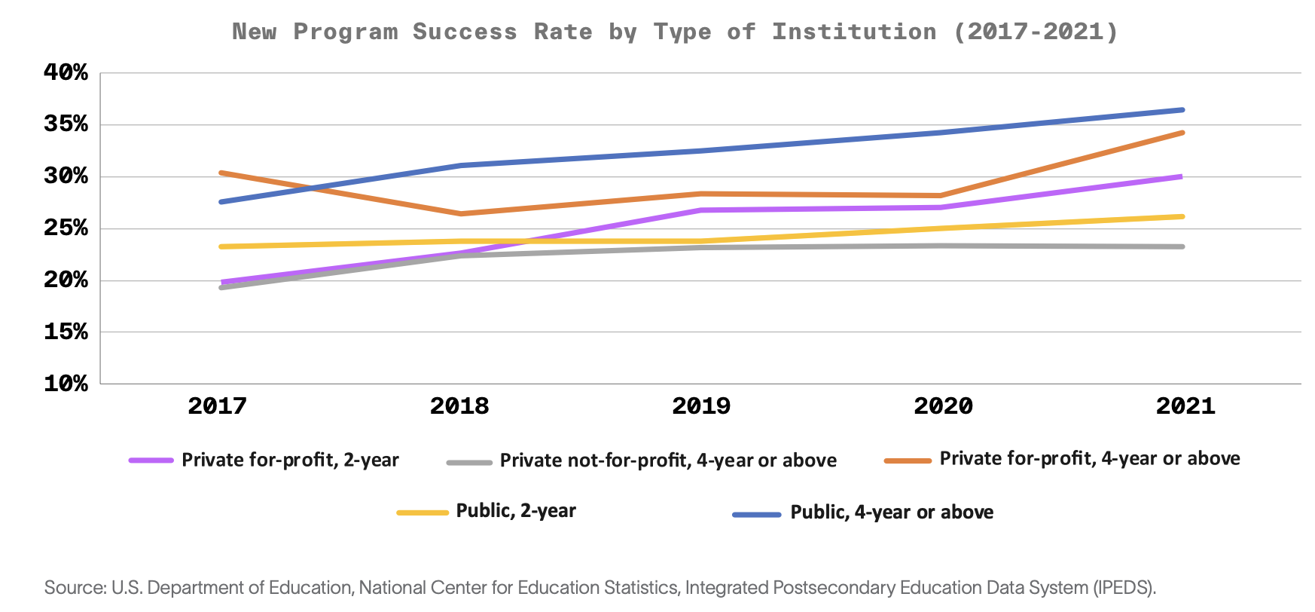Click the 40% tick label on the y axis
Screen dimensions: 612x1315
click(x=66, y=73)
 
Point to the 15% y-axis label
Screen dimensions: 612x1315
click(x=66, y=332)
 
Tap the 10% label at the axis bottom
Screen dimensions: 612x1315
click(x=66, y=384)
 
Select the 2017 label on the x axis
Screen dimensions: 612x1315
click(x=217, y=406)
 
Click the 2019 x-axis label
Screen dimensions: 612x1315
click(x=701, y=406)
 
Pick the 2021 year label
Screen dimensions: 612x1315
click(x=1185, y=406)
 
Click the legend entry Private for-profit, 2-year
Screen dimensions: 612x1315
click(x=290, y=461)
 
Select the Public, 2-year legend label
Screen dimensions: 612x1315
click(x=516, y=511)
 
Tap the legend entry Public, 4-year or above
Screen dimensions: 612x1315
click(x=892, y=513)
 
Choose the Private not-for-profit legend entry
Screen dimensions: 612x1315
click(x=668, y=461)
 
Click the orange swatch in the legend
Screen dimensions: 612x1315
click(x=908, y=461)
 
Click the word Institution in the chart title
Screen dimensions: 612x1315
click(x=854, y=32)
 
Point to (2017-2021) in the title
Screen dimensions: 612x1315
click(x=1036, y=32)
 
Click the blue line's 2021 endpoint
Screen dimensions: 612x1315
click(x=1182, y=110)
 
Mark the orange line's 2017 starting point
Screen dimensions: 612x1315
click(x=221, y=173)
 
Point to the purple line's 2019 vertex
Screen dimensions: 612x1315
click(x=701, y=210)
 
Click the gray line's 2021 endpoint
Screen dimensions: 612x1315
click(x=1182, y=246)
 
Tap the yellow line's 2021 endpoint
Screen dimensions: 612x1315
click(x=1182, y=216)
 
